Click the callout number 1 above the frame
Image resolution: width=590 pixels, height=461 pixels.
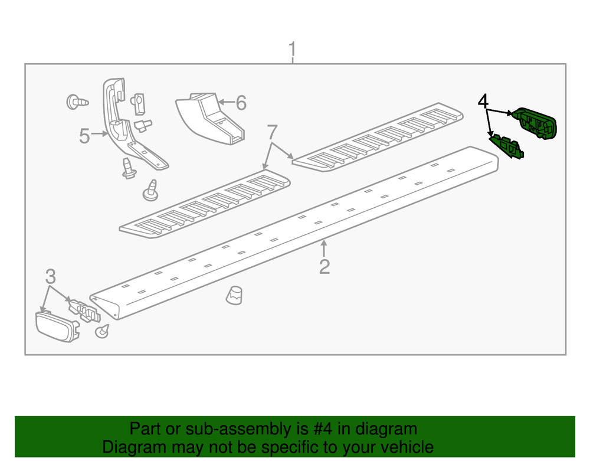(292, 50)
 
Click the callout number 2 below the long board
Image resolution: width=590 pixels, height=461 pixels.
(324, 266)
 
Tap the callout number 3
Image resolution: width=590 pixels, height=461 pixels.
(50, 277)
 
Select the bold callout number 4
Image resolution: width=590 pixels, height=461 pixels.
(483, 102)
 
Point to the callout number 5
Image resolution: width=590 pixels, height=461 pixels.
(84, 136)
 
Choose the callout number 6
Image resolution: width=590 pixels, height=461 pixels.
(241, 103)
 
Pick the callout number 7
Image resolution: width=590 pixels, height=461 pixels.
(272, 132)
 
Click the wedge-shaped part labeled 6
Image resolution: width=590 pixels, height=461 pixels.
(211, 119)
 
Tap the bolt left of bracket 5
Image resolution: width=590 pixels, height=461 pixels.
(77, 102)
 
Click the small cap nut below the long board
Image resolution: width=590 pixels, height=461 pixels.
(234, 295)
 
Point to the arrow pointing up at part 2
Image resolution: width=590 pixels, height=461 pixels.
(323, 249)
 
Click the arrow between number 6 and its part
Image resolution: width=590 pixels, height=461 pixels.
(226, 102)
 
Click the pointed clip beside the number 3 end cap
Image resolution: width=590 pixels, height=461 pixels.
(101, 331)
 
